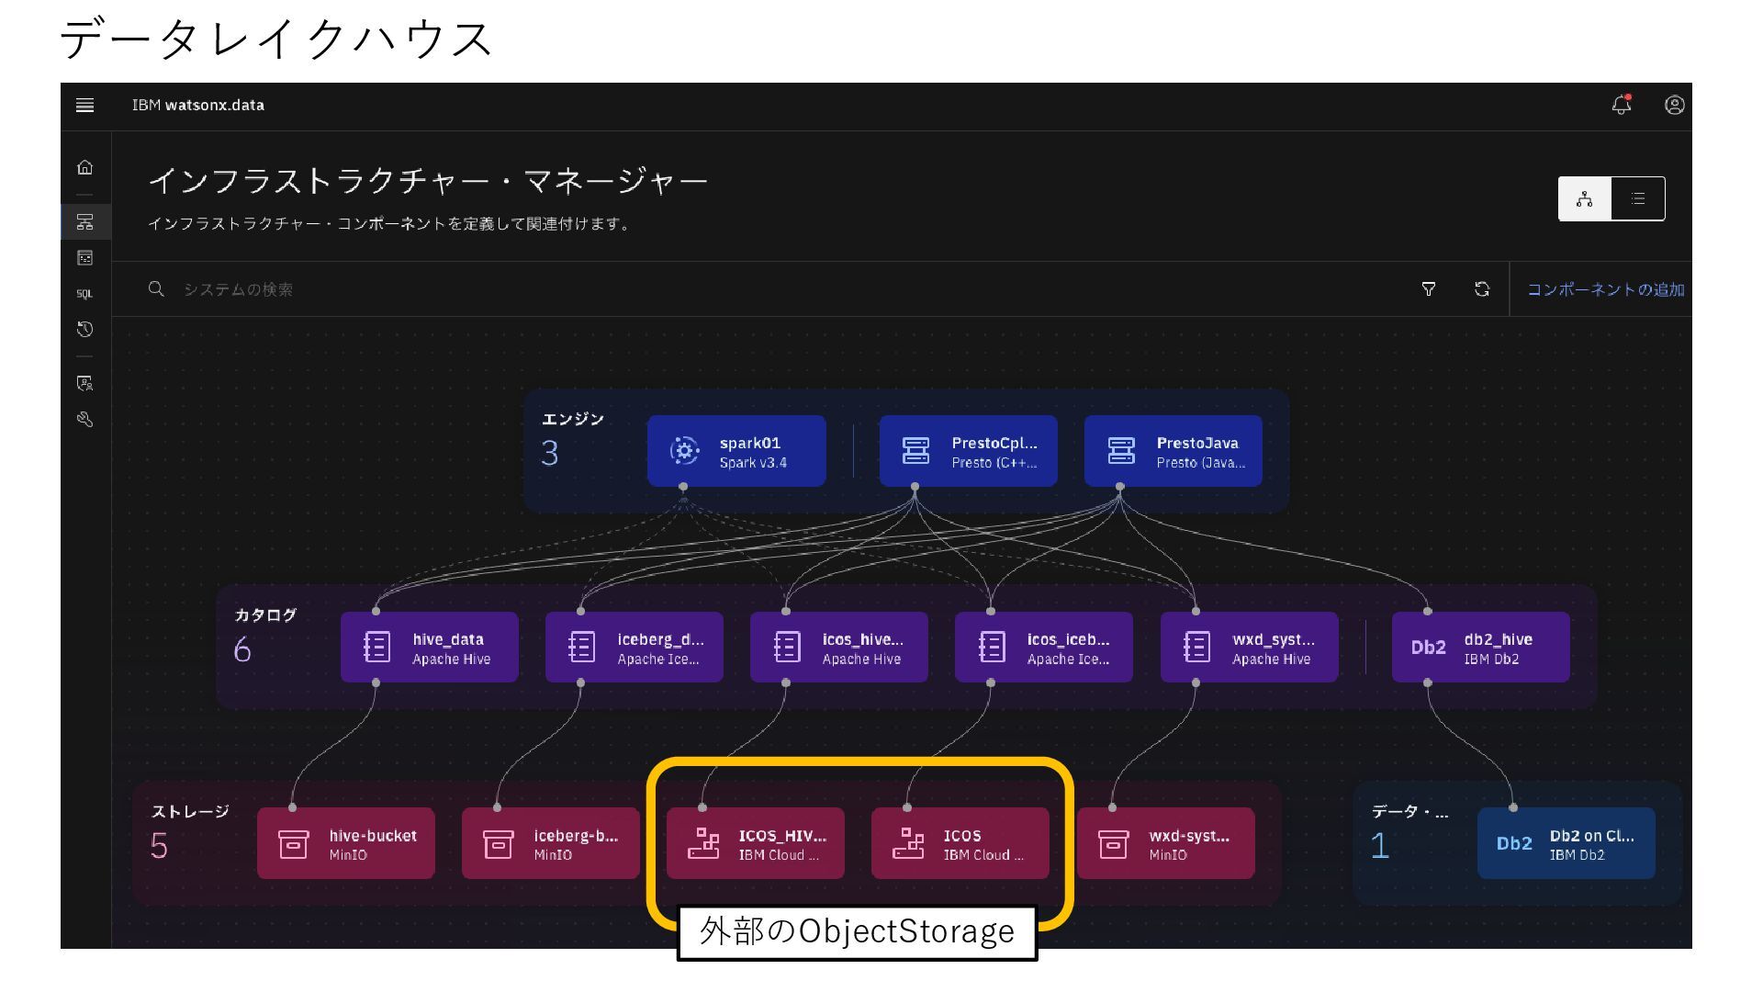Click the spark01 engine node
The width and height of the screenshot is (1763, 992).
point(736,451)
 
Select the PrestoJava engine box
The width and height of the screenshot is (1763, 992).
point(1173,451)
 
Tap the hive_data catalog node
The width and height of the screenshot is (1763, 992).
point(429,648)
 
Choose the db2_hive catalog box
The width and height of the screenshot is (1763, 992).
point(1480,648)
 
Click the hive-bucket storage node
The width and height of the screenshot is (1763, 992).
point(346,843)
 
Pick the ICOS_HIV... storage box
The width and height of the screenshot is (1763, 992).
point(755,843)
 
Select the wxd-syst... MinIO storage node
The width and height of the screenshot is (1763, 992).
point(1165,843)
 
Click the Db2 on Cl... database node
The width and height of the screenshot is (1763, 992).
point(1566,843)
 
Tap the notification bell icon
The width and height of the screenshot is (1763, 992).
point(1622,105)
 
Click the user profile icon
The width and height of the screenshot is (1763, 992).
point(1675,105)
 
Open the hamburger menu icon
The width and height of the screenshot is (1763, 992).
point(84,105)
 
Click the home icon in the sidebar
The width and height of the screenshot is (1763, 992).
point(85,167)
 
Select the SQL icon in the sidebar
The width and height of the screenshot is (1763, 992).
point(84,294)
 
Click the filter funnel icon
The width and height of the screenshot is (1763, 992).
point(1429,289)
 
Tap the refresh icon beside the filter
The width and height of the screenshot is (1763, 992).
point(1482,289)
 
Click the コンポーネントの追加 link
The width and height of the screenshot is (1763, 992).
point(1605,289)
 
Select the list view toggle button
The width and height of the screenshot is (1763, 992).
point(1638,198)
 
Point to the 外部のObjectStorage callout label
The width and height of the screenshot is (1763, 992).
point(857,931)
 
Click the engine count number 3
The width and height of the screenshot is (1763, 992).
point(549,454)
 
